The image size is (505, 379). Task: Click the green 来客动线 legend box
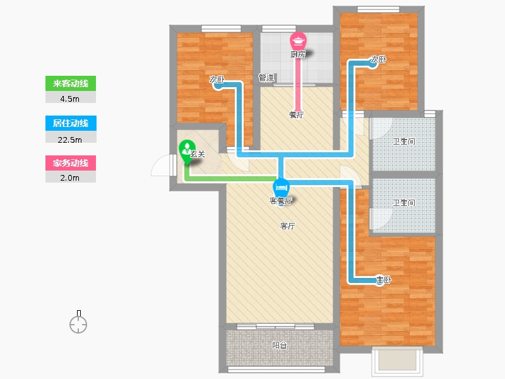pyautogui.click(x=71, y=83)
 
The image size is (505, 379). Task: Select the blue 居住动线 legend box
pyautogui.click(x=71, y=123)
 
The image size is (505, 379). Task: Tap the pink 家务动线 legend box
pyautogui.click(x=71, y=163)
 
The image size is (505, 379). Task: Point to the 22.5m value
pyautogui.click(x=69, y=140)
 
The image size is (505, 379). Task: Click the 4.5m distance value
pyautogui.click(x=69, y=99)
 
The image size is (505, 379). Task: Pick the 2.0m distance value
pyautogui.click(x=69, y=178)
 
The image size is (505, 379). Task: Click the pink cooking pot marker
pyautogui.click(x=298, y=41)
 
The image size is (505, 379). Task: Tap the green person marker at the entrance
pyautogui.click(x=186, y=151)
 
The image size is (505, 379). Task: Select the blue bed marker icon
pyautogui.click(x=281, y=187)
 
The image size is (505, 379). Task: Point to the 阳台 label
pyautogui.click(x=279, y=346)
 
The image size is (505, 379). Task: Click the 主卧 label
pyautogui.click(x=384, y=279)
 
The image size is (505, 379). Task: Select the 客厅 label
pyautogui.click(x=287, y=226)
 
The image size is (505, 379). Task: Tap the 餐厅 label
pyautogui.click(x=296, y=115)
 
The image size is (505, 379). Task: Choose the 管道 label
pyautogui.click(x=266, y=77)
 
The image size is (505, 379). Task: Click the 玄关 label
pyautogui.click(x=198, y=154)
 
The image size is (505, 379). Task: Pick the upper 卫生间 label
pyautogui.click(x=404, y=141)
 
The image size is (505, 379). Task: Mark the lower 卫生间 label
pyautogui.click(x=404, y=202)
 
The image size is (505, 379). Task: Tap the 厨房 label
pyautogui.click(x=297, y=54)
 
